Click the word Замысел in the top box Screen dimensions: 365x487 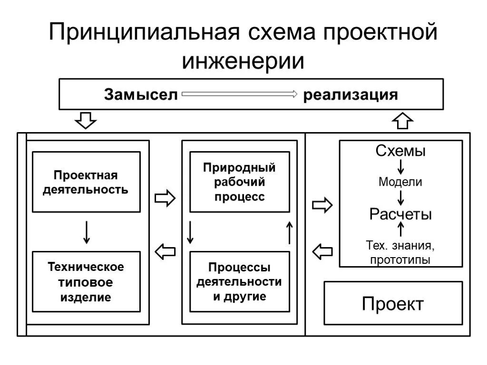(x=141, y=94)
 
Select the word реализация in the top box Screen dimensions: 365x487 (x=351, y=94)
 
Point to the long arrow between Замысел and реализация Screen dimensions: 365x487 (x=240, y=94)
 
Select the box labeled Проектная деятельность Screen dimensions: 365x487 (x=86, y=182)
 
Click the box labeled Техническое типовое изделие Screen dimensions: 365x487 (x=86, y=282)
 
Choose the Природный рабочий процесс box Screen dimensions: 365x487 (x=239, y=182)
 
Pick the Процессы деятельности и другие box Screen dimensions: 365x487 (x=239, y=282)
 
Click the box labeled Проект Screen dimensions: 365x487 (x=393, y=303)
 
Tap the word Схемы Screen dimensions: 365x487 (x=400, y=151)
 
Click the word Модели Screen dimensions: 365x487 (x=400, y=182)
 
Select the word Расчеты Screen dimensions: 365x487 (x=400, y=214)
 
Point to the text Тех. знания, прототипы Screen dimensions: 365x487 (x=400, y=253)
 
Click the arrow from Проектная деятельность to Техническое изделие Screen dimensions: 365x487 (x=86, y=232)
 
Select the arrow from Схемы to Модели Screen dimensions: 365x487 (x=400, y=166)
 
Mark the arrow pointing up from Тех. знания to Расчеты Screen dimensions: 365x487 (x=400, y=230)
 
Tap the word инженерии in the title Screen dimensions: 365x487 (x=243, y=62)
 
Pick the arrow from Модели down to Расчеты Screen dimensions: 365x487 (x=400, y=197)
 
